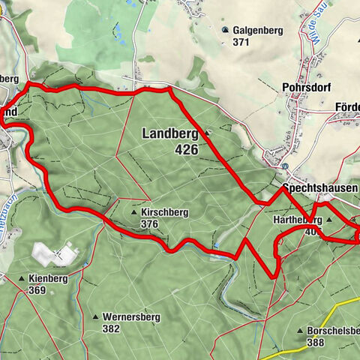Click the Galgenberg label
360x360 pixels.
pyautogui.click(x=256, y=30)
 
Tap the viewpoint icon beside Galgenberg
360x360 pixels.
pyautogui.click(x=225, y=30)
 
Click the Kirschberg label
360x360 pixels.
pyautogui.click(x=164, y=213)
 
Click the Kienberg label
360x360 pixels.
pyautogui.click(x=48, y=278)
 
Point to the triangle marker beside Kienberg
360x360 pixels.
pyautogui.click(x=21, y=279)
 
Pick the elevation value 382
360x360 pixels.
pyautogui.click(x=112, y=328)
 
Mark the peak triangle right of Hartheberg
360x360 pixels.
pyautogui.click(x=329, y=220)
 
